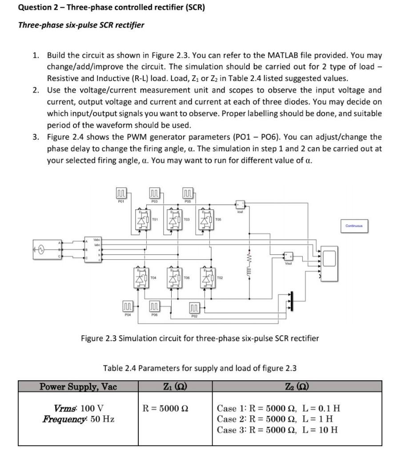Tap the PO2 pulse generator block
tap(194, 308)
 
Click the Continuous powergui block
tap(354, 226)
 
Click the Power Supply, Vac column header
tap(78, 386)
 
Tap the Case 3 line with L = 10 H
tap(277, 430)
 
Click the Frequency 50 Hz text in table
tap(78, 419)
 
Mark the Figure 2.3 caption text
tap(200, 338)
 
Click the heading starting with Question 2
tap(111, 8)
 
